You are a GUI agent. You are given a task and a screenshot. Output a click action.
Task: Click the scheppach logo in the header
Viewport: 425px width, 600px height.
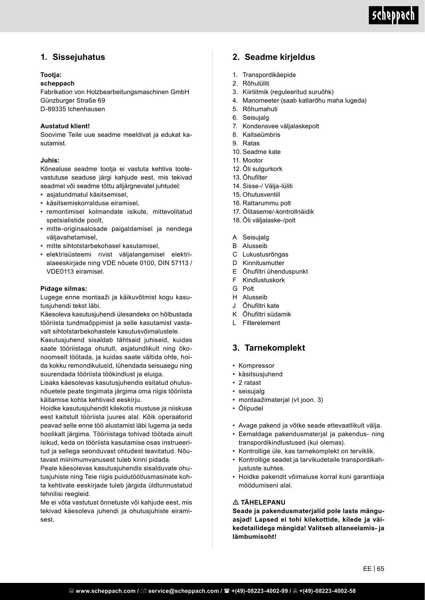point(393,16)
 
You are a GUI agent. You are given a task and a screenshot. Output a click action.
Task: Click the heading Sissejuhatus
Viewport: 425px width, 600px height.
point(78,57)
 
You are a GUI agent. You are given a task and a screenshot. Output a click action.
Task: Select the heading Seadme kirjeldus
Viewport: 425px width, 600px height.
point(279,57)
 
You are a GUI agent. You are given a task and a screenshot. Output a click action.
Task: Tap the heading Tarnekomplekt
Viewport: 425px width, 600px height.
point(274,348)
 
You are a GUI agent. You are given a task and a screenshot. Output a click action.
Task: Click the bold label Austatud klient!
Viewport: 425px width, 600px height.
point(65,126)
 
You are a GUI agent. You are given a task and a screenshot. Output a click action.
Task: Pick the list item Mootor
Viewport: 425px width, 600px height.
point(253,160)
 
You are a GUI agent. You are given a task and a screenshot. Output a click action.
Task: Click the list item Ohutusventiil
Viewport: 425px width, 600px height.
point(261,195)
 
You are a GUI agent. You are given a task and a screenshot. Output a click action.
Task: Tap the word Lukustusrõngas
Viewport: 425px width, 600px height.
point(265,255)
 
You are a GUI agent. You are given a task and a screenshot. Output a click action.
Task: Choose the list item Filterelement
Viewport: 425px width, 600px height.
point(261,323)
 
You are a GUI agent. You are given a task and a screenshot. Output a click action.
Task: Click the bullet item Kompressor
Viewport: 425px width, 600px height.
point(256,366)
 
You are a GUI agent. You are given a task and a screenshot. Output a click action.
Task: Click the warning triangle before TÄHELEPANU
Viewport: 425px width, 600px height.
point(236,503)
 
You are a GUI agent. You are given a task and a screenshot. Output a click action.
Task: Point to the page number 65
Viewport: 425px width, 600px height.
point(380,569)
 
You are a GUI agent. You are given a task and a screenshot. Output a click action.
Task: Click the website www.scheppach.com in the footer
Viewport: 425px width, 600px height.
point(105,591)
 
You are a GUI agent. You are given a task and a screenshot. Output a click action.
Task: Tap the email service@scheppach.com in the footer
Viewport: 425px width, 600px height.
point(183,591)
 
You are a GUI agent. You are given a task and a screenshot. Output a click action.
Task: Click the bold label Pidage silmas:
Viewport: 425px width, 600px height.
point(64,289)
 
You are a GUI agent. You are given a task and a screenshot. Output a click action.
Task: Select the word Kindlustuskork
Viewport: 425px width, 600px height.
point(263,280)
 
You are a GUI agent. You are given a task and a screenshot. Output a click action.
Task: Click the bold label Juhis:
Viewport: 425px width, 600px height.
point(50,160)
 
